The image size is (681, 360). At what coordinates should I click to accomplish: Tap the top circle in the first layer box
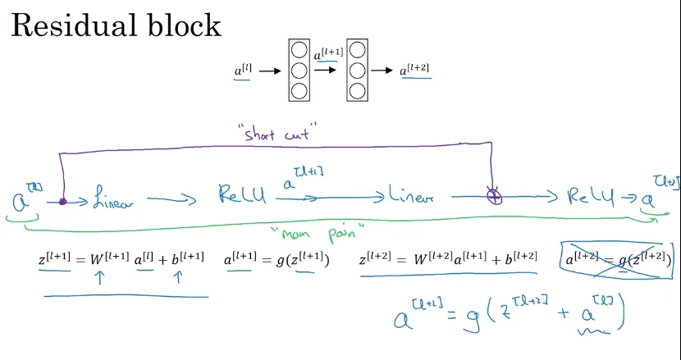[x=299, y=51]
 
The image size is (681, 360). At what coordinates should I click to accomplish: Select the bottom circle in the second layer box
[x=358, y=89]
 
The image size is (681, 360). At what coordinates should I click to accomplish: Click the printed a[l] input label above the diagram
[x=243, y=71]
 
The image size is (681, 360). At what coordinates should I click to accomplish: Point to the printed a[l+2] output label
[x=415, y=71]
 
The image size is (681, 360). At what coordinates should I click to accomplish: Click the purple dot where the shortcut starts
[x=62, y=200]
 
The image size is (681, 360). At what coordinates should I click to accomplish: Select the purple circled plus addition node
[x=494, y=197]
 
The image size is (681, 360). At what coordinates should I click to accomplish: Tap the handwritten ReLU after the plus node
[x=592, y=198]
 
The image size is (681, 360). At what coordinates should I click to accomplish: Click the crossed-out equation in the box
[x=616, y=258]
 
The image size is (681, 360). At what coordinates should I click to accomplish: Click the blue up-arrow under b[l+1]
[x=177, y=279]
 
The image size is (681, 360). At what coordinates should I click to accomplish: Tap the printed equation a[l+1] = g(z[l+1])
[x=277, y=259]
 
